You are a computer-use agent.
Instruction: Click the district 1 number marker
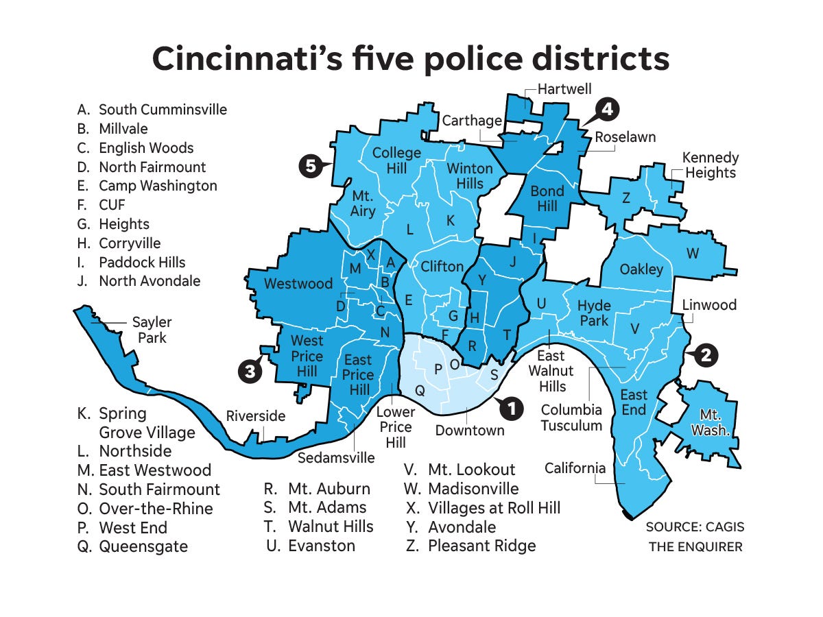509,408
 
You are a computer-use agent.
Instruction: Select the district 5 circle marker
311,166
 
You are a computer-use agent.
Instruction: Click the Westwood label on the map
298,283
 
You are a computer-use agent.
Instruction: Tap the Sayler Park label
152,330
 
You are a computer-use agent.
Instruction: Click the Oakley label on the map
641,269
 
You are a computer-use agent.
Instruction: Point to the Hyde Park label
594,313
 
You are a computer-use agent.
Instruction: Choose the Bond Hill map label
547,197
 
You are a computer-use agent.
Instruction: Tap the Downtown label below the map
470,431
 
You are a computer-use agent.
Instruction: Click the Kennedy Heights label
710,165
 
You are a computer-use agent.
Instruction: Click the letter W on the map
693,254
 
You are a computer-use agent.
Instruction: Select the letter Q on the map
420,390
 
